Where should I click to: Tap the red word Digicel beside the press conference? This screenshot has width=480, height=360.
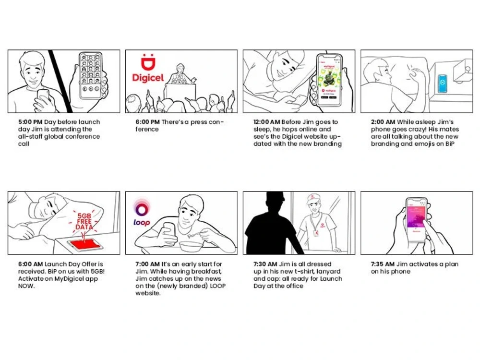148,78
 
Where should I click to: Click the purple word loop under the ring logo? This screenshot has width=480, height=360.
142,223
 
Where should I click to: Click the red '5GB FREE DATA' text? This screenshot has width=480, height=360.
84,221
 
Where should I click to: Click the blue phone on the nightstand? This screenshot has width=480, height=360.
443,83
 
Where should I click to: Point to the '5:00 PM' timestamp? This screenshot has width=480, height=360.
30,122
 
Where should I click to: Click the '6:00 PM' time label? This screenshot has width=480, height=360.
147,122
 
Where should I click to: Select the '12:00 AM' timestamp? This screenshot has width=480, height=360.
266,122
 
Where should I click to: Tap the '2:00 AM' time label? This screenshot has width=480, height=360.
383,122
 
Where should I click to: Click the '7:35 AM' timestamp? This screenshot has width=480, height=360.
383,264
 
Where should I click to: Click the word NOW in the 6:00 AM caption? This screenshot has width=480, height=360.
26,286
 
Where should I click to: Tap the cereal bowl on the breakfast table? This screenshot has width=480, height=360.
190,246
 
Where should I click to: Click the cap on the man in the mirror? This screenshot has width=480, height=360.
312,199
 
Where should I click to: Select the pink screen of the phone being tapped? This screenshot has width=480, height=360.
416,217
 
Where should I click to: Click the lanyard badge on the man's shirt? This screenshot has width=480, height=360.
316,233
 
